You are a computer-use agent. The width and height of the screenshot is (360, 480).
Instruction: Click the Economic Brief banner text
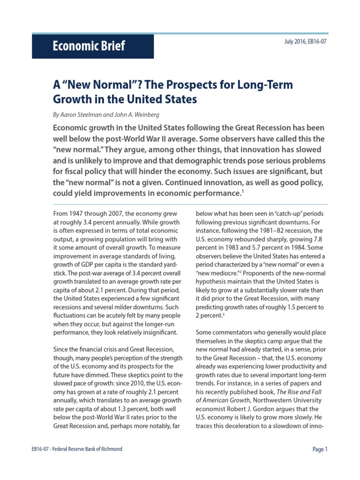click(x=89, y=47)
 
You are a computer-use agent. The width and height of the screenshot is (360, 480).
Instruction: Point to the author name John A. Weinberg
click(x=134, y=114)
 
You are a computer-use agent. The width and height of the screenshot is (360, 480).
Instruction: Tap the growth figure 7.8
click(x=319, y=239)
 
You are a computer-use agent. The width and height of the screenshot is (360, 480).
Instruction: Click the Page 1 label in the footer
click(x=320, y=449)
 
